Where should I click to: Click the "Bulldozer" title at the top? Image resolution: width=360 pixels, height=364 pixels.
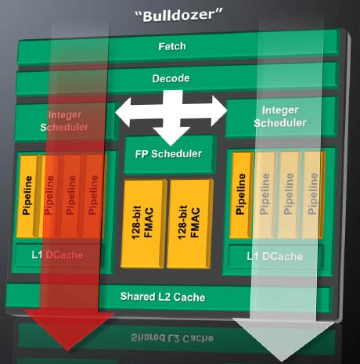coord(179,16)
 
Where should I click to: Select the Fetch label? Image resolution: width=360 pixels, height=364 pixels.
coord(172,46)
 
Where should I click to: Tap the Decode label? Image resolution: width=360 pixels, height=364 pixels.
coord(171,78)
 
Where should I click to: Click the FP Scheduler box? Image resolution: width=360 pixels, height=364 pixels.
coord(169,154)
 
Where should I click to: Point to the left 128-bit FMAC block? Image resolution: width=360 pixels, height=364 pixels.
coord(143,224)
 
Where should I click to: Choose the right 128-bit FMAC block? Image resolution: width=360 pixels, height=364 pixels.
coord(189,224)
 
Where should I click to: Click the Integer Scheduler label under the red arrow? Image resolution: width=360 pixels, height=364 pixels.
coord(64,121)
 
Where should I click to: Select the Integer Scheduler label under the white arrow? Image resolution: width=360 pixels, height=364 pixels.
coord(280,117)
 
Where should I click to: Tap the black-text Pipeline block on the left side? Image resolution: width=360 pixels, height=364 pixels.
coord(28,196)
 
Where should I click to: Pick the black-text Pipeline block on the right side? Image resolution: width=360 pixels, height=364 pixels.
coord(241,195)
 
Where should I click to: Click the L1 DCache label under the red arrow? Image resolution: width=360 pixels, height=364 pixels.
coord(57,255)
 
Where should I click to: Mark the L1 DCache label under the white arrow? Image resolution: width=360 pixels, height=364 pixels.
coord(275,257)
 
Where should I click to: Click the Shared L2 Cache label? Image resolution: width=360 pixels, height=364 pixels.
coord(163,297)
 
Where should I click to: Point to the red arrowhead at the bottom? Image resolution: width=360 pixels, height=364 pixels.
coord(68,329)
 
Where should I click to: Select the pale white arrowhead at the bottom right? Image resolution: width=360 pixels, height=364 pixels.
coord(283,339)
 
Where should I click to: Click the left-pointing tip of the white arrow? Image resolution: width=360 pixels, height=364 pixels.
coord(116,113)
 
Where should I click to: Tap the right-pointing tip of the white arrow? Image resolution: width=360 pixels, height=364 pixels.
coord(227,110)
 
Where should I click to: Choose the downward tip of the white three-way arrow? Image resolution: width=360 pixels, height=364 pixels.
coord(171,145)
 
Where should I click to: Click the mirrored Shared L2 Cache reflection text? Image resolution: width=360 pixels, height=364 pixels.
coord(172,337)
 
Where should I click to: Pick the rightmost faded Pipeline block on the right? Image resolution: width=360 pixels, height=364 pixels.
coord(313,195)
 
